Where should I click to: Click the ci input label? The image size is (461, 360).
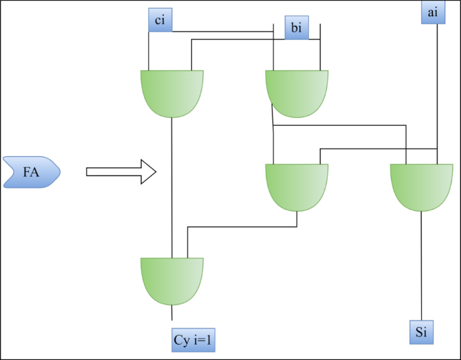[x=159, y=20]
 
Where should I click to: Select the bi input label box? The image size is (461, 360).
[x=296, y=28]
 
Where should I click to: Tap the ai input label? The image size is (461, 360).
[x=433, y=13]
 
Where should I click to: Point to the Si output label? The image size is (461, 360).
[x=421, y=332]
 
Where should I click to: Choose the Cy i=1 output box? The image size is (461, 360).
[x=194, y=340]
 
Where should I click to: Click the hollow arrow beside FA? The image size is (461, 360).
[x=121, y=172]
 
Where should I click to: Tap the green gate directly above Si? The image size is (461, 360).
[x=421, y=186]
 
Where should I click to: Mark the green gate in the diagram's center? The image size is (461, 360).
[x=297, y=186]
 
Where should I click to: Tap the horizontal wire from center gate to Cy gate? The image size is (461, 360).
[x=242, y=227]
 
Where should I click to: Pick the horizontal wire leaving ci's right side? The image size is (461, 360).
[x=222, y=31]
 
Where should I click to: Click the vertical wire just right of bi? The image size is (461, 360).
[x=320, y=47]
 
